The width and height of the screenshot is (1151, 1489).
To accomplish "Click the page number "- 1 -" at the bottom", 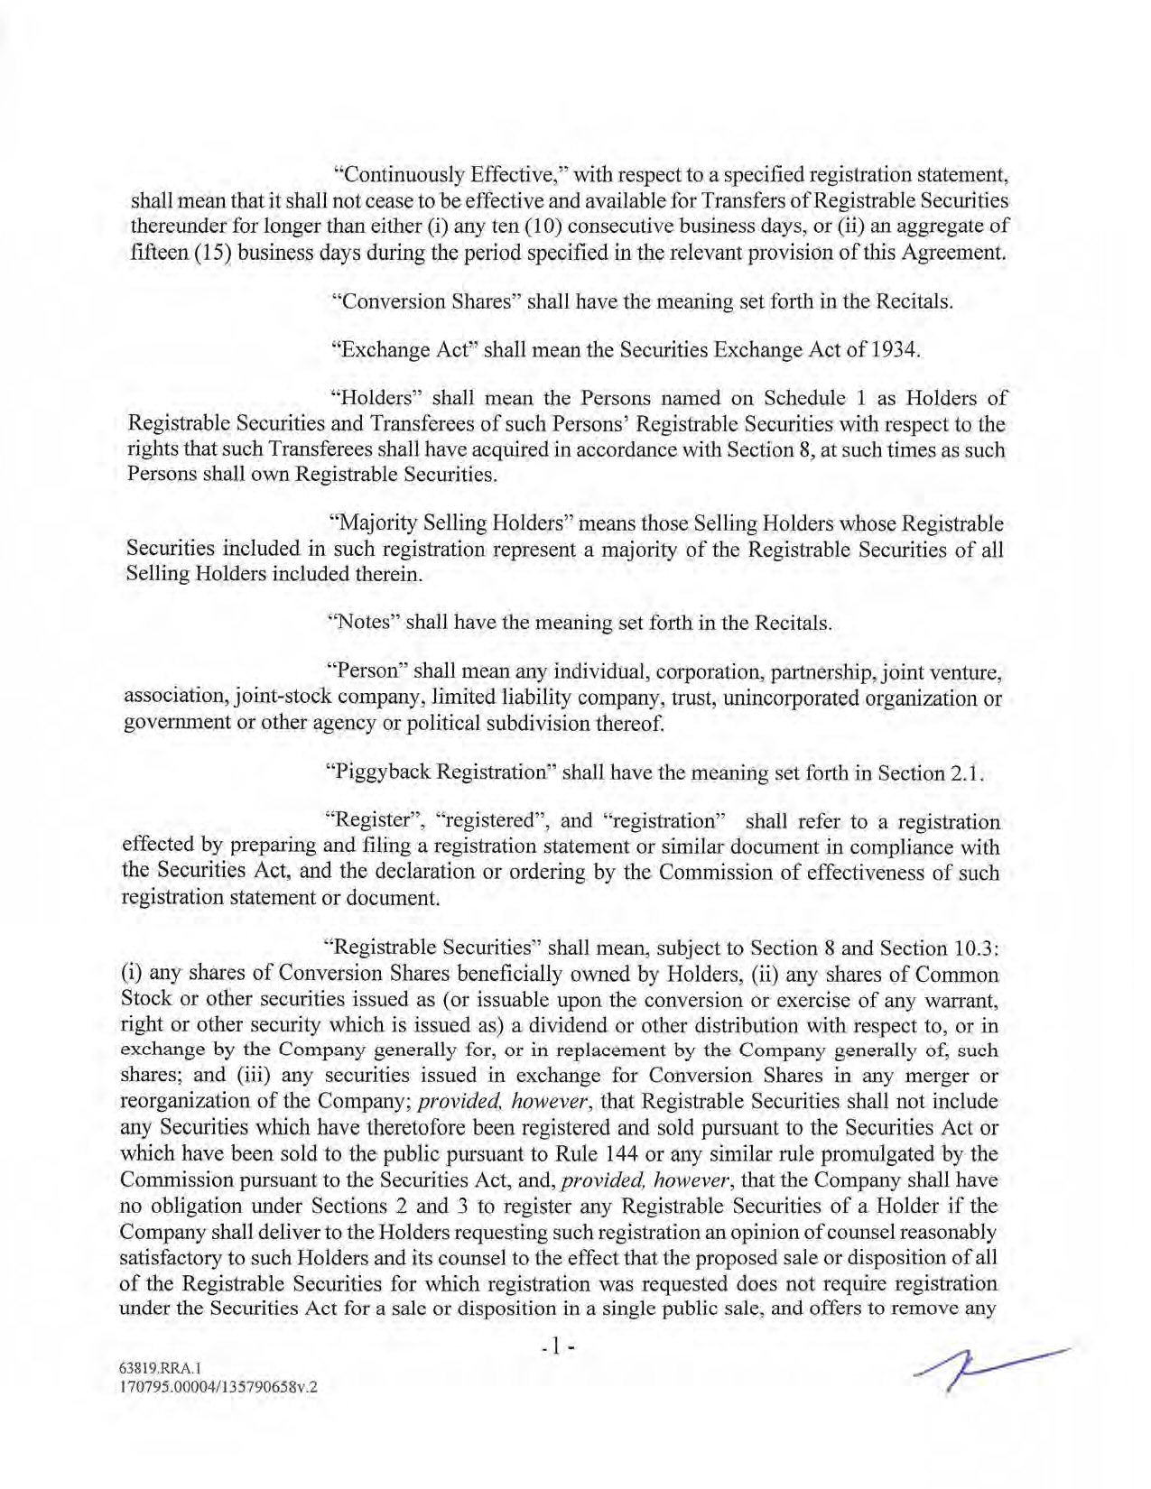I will point(558,1348).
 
